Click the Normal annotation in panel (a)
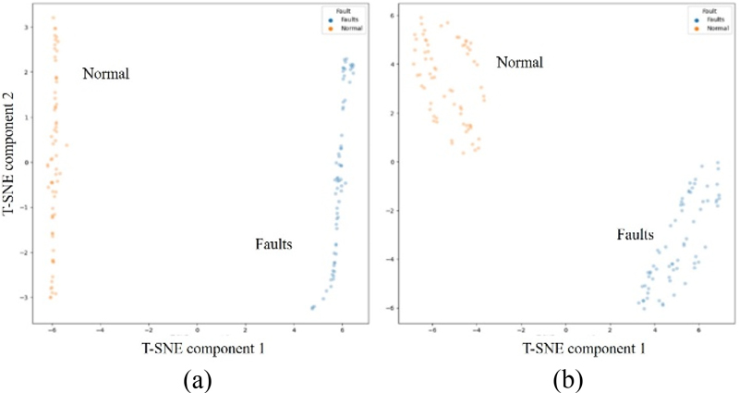pos(106,74)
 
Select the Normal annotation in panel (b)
pos(519,63)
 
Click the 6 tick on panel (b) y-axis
pos(392,16)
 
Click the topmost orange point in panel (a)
pos(54,18)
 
